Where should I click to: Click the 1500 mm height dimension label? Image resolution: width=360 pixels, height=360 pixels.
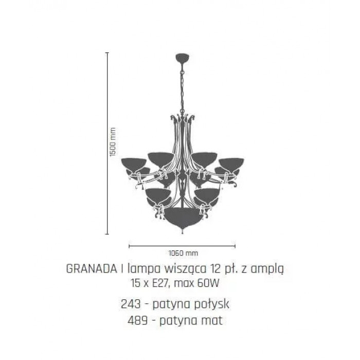(x=113, y=142)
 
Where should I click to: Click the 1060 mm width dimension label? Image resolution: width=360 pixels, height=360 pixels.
(x=183, y=253)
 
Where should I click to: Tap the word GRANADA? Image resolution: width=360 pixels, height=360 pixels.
(x=92, y=268)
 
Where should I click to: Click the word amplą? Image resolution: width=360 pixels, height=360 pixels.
(x=267, y=269)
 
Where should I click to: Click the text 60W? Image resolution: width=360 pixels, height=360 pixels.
(x=208, y=283)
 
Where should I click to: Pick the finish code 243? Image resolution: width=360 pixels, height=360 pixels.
(x=131, y=304)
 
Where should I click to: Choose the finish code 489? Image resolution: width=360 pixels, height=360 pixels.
(x=137, y=320)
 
